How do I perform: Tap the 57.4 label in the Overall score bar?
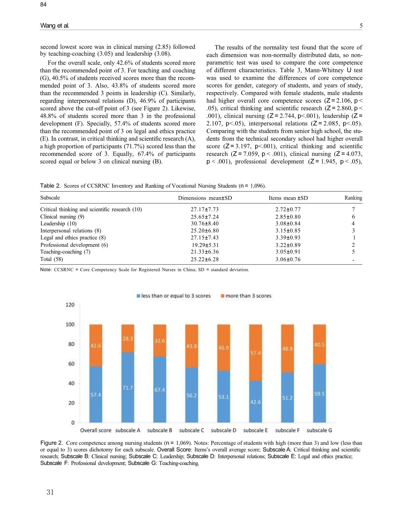96,395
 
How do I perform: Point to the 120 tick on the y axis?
70,305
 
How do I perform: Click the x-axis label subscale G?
319,430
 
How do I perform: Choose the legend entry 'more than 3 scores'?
246,296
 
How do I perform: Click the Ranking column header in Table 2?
353,198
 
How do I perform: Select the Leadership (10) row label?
58,223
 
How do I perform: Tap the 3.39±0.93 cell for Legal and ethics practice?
288,238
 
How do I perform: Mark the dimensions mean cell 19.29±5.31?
205,245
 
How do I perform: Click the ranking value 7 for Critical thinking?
353,209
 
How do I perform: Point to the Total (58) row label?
52,259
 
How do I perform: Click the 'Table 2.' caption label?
51,186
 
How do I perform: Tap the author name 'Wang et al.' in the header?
55,26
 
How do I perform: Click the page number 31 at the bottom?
50,492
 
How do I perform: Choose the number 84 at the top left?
43,4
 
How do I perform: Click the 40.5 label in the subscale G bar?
319,345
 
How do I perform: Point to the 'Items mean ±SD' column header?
288,198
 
